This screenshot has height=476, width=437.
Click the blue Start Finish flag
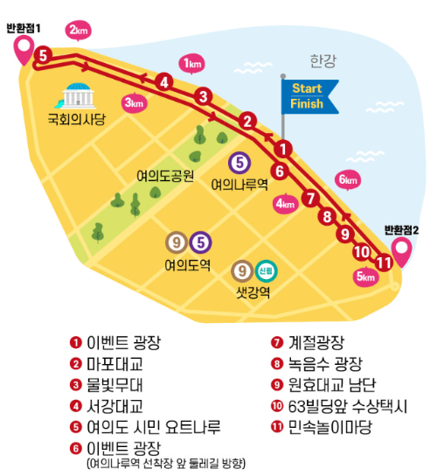307,96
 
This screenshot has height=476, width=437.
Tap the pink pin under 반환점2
402,251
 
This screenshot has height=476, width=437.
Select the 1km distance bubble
191,63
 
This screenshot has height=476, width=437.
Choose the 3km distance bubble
134,103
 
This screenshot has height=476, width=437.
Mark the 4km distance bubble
285,204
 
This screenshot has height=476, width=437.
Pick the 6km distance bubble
347,180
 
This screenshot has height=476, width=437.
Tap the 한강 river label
323,61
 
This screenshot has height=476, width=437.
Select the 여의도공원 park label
164,174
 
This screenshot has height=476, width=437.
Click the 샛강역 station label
253,292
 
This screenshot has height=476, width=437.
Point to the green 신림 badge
266,271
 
